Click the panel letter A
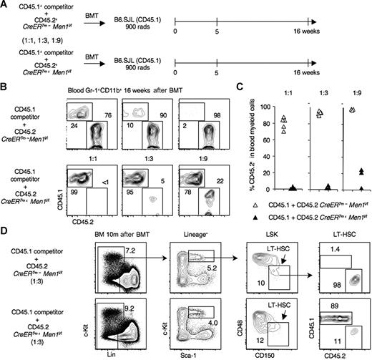click(5, 6)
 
